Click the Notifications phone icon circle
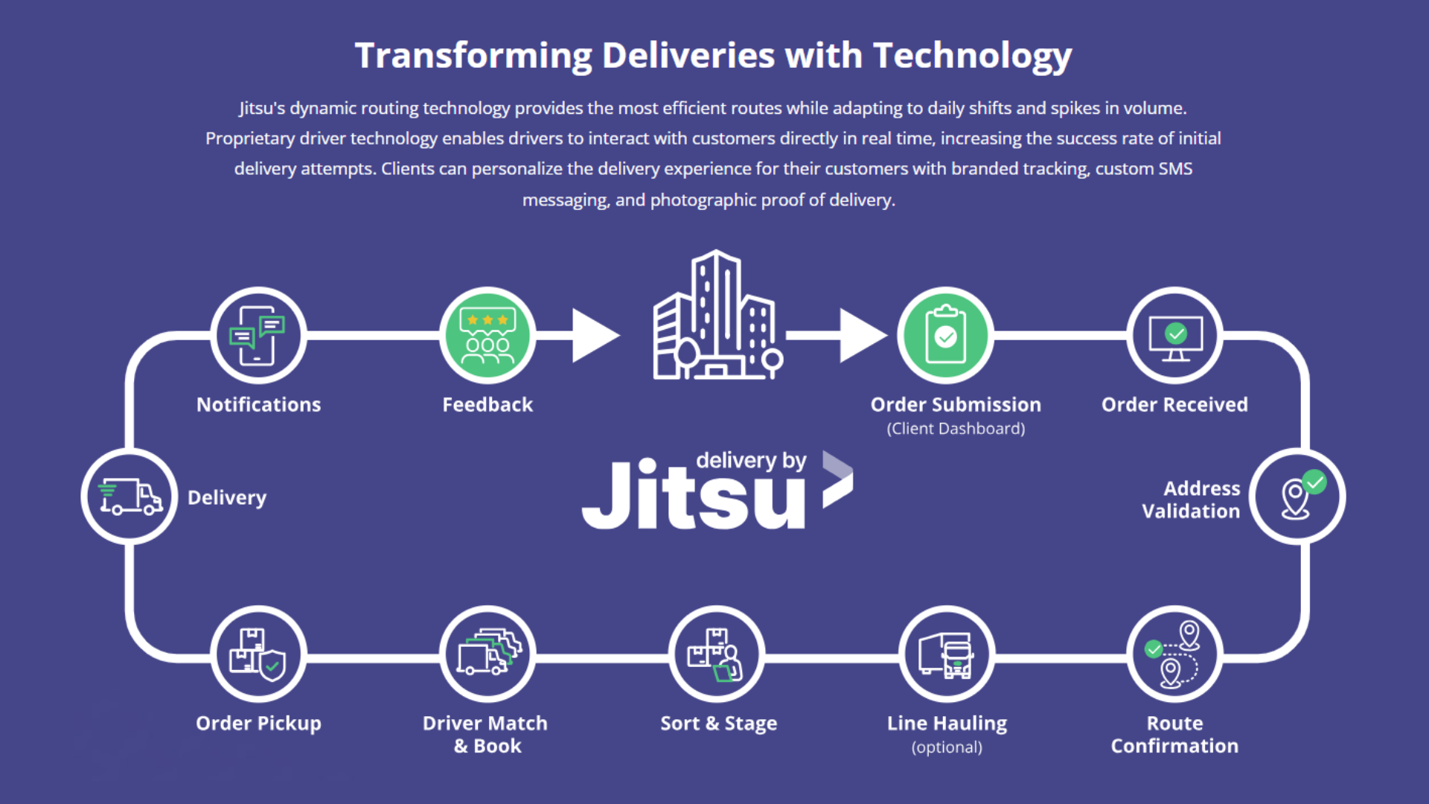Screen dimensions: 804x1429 [258, 336]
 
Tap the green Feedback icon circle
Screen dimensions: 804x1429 [487, 336]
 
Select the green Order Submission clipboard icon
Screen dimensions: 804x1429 [945, 336]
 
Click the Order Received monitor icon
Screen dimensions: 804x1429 [1174, 336]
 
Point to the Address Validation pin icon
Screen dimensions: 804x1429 [1297, 497]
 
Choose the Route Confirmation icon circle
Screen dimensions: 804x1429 [1174, 654]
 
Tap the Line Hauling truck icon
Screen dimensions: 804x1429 [947, 654]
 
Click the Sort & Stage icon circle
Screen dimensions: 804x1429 [717, 654]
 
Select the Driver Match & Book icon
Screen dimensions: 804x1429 [487, 654]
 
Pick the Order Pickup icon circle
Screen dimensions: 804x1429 [258, 654]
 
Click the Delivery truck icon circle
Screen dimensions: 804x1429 [130, 497]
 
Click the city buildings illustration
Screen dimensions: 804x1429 [717, 316]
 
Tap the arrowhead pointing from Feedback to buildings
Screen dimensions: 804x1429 [595, 336]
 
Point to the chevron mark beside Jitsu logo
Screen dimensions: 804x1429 [837, 480]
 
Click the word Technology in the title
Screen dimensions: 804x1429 [972, 56]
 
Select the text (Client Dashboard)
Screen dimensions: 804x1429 [956, 429]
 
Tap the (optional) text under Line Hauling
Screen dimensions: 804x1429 [947, 747]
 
